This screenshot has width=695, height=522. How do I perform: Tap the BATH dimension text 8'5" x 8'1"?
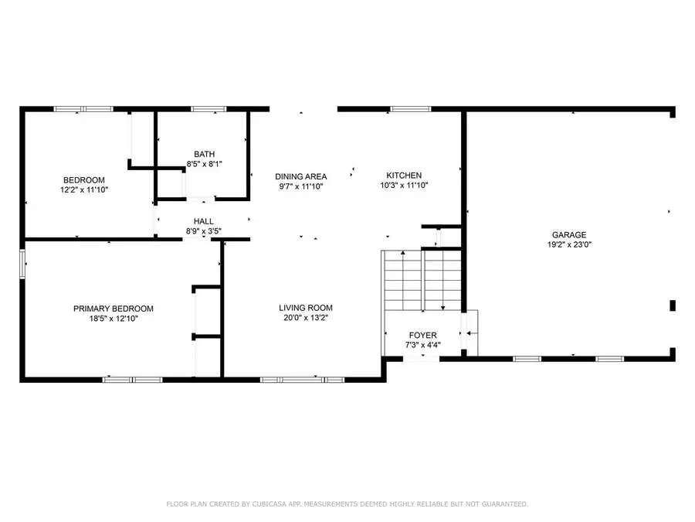[x=205, y=164]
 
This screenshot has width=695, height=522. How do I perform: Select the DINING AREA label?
[x=301, y=176]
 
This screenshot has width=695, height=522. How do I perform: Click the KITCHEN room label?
[x=404, y=176]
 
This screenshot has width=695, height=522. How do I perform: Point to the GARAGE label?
[x=568, y=235]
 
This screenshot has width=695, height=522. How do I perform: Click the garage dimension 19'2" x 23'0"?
[x=568, y=244]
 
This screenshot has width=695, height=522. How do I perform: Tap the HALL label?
[x=204, y=221]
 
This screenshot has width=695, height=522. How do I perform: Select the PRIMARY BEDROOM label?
[x=114, y=308]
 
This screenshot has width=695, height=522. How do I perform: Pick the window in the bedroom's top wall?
[x=83, y=109]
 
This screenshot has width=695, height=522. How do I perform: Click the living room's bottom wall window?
[x=302, y=379]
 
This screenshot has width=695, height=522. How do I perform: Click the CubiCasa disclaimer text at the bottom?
[x=347, y=504]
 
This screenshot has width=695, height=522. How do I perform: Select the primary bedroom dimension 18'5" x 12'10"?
[x=114, y=318]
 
